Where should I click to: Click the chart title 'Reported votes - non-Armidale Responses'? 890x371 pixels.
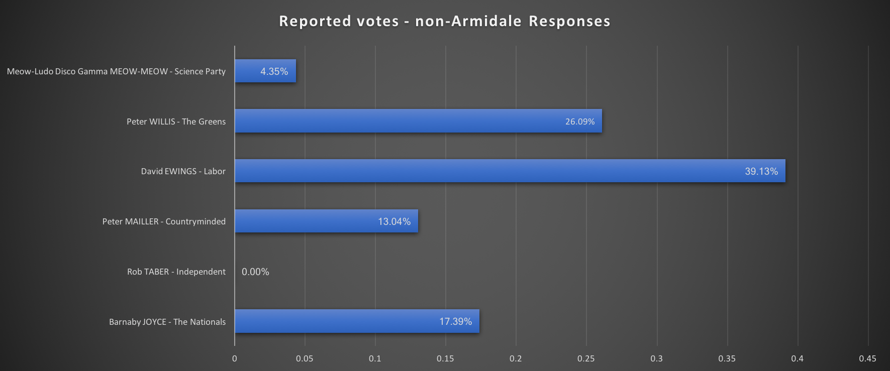pos(445,21)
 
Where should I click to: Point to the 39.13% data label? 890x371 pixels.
pos(761,171)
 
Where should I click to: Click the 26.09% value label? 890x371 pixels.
pos(579,121)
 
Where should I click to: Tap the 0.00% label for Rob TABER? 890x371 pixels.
pos(255,272)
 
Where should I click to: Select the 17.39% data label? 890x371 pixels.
pos(455,321)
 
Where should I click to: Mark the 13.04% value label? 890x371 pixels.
pos(394,221)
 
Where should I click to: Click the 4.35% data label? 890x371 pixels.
pos(274,71)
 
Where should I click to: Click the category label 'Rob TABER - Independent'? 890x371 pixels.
pos(176,272)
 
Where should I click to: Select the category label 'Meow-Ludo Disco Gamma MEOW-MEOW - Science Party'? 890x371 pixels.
pos(116,71)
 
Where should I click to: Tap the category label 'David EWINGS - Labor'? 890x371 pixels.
pos(183,171)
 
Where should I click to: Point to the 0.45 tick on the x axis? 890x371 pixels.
pos(867,358)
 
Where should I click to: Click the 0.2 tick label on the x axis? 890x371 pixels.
pos(516,358)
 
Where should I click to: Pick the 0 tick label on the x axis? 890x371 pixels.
pos(235,358)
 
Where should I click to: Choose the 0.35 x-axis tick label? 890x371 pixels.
pos(727,358)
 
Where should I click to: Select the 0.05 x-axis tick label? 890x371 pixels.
pos(305,358)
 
